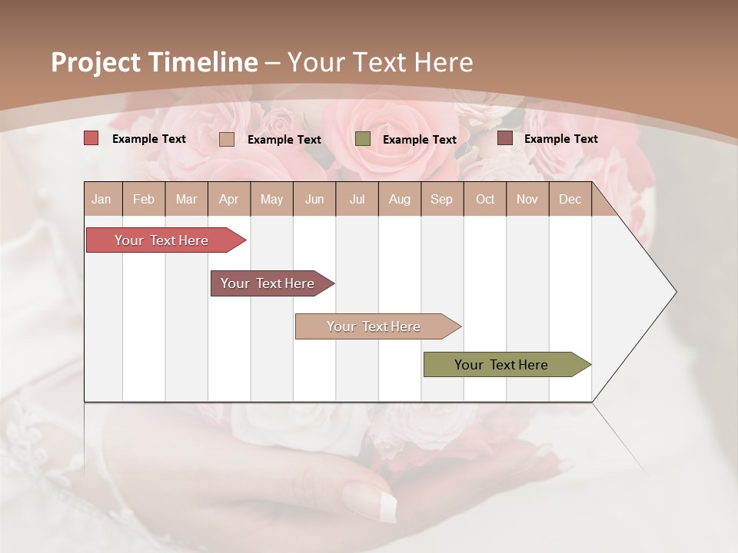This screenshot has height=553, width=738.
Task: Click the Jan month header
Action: click(x=102, y=199)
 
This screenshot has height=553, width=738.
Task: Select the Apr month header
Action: click(x=229, y=199)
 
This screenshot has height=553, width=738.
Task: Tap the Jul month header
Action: click(x=357, y=199)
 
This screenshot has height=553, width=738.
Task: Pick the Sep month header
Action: click(x=441, y=199)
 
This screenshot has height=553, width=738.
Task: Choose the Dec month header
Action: click(x=570, y=199)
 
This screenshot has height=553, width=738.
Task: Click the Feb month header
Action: click(x=144, y=199)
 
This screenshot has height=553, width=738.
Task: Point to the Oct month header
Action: click(x=485, y=199)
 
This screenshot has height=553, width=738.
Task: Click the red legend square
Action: click(x=91, y=138)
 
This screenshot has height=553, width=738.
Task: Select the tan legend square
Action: click(x=227, y=139)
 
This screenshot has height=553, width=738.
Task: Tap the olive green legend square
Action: click(x=363, y=138)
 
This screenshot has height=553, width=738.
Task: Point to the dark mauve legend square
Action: click(x=505, y=138)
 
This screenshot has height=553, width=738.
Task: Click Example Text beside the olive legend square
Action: click(x=419, y=140)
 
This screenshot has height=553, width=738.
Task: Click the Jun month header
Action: click(x=314, y=199)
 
